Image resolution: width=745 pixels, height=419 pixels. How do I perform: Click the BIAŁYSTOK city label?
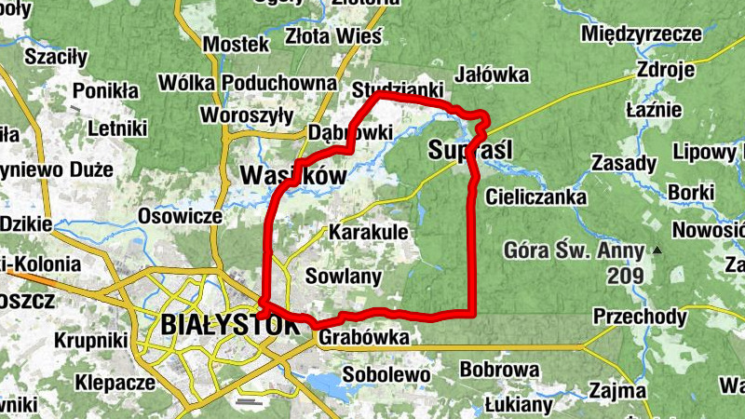click(x=230, y=325)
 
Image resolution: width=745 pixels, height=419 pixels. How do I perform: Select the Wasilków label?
click(x=293, y=174)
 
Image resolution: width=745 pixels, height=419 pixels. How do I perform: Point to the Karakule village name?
click(x=369, y=231)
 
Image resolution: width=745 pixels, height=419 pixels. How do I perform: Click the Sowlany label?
click(x=344, y=276)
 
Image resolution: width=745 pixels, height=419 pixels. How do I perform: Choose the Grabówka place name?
click(x=363, y=339)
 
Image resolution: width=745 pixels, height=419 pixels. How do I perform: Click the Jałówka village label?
click(x=494, y=74)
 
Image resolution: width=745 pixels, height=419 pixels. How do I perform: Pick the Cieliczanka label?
click(x=535, y=197)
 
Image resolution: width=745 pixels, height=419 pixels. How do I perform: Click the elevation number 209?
click(x=625, y=276)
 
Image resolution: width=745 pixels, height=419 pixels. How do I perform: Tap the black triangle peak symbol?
click(x=657, y=250)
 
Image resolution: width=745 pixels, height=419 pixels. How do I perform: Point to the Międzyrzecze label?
click(x=640, y=34)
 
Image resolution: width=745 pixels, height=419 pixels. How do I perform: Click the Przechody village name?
click(x=640, y=317)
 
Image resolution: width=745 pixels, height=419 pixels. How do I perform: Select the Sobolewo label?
click(x=386, y=374)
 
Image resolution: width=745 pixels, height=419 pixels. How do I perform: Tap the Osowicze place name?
click(x=180, y=216)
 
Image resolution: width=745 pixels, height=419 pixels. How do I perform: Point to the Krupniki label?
click(x=90, y=341)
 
